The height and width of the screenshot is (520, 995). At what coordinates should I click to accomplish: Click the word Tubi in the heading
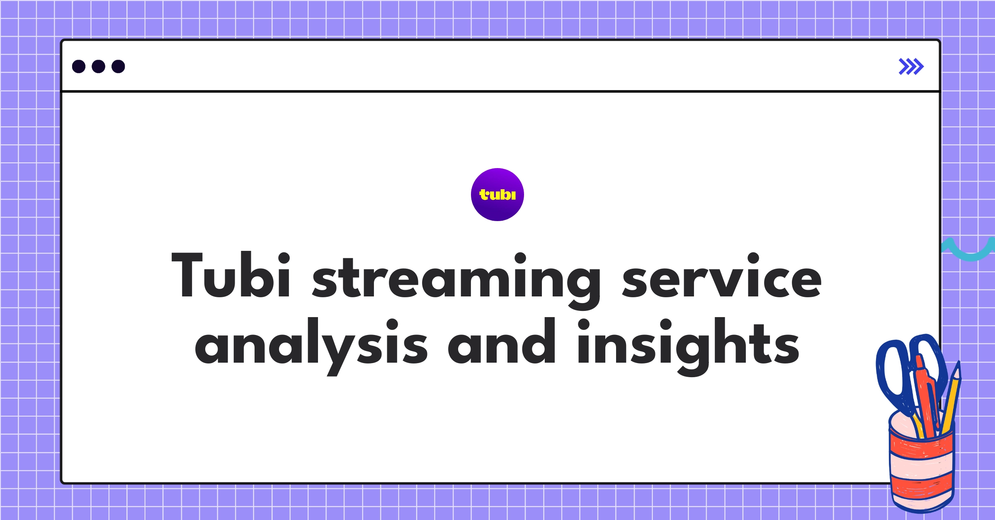(231, 275)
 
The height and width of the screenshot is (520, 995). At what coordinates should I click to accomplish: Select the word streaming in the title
(456, 277)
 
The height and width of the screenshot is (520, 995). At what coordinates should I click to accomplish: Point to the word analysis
(311, 344)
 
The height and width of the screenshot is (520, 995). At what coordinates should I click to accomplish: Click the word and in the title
(502, 342)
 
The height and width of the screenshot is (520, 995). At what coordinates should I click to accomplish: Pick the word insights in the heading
(688, 344)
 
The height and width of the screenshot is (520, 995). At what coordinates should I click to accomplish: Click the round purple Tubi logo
(497, 195)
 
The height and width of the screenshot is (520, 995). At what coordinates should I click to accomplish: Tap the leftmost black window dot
(79, 66)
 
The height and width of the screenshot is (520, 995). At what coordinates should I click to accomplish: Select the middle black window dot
(98, 66)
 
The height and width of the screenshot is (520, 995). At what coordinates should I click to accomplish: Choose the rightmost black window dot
(118, 66)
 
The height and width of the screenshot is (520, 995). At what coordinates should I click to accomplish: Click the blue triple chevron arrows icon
(911, 66)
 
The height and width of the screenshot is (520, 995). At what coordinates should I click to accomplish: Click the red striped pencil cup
(921, 468)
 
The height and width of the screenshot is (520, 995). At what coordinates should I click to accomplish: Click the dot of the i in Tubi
(284, 259)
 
